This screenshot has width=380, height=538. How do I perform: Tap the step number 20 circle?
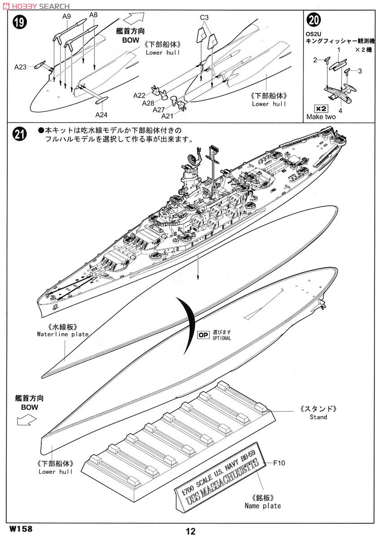(x=313, y=21)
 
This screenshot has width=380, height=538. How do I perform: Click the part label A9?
(x=66, y=16)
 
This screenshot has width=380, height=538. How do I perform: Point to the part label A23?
(x=21, y=67)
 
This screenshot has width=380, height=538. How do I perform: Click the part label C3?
(x=205, y=17)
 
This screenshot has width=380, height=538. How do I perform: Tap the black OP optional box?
(x=203, y=335)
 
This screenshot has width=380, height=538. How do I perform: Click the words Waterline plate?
(x=63, y=334)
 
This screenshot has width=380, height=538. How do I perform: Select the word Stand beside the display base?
(x=318, y=417)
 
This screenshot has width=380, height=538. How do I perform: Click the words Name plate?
(x=263, y=506)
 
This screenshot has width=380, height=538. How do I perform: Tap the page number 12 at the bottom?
(x=190, y=531)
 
